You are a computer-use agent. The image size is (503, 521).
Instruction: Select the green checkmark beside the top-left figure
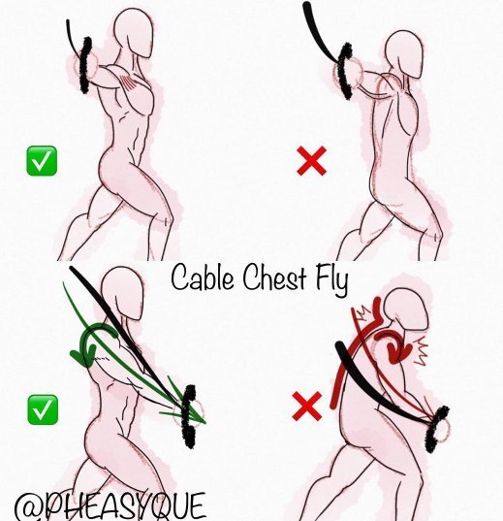[x=42, y=161]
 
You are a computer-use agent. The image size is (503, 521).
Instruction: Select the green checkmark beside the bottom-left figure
[x=43, y=409]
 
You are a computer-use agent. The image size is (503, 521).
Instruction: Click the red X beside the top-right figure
[x=311, y=161]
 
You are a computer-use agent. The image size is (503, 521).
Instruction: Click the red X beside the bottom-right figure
[x=307, y=407]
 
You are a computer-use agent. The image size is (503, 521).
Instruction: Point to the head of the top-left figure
[x=134, y=33]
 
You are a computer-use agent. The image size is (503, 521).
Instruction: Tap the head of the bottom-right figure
[x=406, y=309]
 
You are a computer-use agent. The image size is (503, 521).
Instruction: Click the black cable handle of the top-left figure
[x=85, y=65]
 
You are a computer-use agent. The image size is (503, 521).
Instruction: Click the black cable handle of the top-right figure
[x=345, y=71]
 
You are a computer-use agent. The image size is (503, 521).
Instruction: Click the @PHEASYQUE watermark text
[x=110, y=507]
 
